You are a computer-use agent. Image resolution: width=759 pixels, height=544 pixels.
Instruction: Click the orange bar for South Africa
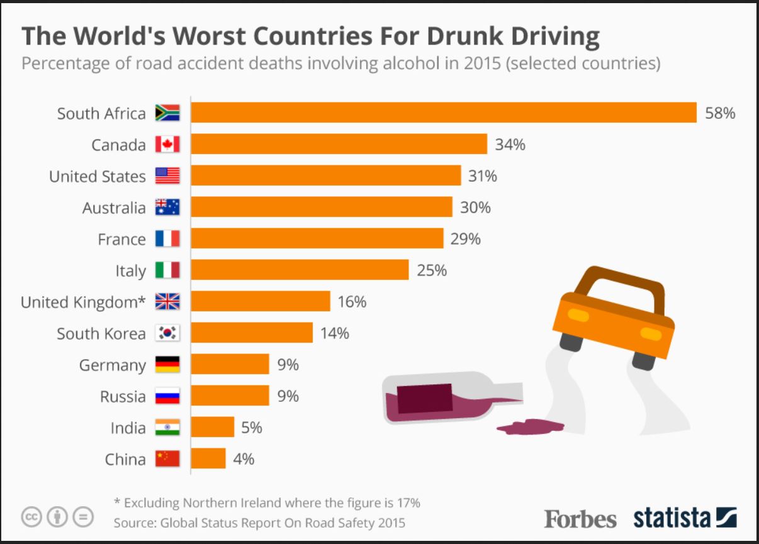click(444, 113)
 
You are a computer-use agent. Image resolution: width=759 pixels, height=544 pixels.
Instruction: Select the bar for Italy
click(300, 270)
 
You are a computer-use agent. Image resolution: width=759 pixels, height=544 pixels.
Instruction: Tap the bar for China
click(208, 458)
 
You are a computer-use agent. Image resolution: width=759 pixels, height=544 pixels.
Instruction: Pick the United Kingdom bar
click(261, 301)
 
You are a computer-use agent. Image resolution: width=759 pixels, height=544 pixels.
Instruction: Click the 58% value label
click(720, 113)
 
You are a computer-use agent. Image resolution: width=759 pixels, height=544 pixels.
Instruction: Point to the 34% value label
click(510, 145)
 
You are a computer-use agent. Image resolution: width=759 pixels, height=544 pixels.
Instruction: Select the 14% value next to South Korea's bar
click(334, 333)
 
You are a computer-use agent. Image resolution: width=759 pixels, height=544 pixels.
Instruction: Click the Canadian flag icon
click(167, 145)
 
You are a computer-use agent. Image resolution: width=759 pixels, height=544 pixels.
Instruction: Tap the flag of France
click(167, 239)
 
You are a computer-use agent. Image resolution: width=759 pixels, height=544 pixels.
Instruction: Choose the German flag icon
click(167, 365)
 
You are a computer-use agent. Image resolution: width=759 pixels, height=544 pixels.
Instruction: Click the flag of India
click(167, 428)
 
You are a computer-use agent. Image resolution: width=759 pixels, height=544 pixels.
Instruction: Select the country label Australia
click(114, 208)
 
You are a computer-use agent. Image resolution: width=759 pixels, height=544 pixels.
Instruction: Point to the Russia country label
click(123, 396)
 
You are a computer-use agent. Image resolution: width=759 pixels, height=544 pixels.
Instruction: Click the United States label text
click(98, 176)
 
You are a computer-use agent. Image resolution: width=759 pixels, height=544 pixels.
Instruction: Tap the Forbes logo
click(580, 518)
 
